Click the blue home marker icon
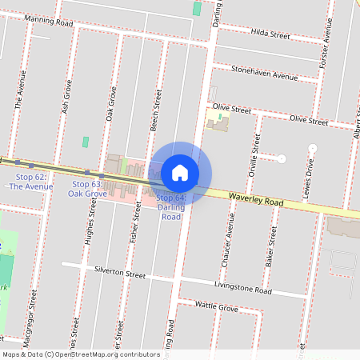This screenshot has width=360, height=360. tap(180, 173)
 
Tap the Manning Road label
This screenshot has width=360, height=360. tap(49, 22)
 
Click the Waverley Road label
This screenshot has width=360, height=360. tap(255, 201)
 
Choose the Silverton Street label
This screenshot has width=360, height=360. tap(121, 273)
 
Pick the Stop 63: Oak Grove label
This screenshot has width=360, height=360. tap(87, 189)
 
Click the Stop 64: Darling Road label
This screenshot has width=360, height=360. tap(170, 206)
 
